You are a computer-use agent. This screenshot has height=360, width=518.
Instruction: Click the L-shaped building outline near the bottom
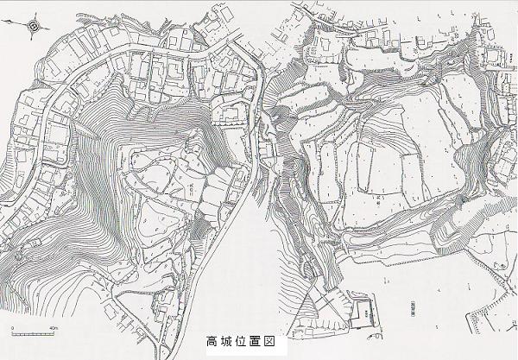pos(363,315)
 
